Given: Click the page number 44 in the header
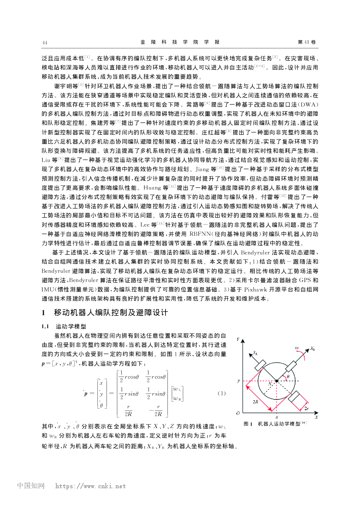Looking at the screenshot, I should pos(45,43).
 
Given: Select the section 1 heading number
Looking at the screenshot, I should pos(43,313).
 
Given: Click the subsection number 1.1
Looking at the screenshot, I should pos(45,326).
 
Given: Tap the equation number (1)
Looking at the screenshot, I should pos(221,393).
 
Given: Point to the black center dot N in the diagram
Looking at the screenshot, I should pos(276,381).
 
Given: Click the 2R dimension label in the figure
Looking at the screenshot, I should pos(255,402).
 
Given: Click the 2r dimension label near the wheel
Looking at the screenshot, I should pos(306,408).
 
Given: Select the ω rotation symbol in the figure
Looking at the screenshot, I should pos(297,348).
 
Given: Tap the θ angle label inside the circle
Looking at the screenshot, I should pos(288,377).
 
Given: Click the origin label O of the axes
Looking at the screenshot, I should pos(238,413).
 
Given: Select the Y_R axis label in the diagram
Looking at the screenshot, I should pos(255,353).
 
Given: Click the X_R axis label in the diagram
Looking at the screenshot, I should pos(312,349).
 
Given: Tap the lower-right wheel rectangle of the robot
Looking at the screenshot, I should pos(296,398).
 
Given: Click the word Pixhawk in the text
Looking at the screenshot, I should pos(256,289).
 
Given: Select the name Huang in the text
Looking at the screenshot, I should pos(152,188).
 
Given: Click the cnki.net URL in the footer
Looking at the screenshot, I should pos(90,486).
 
